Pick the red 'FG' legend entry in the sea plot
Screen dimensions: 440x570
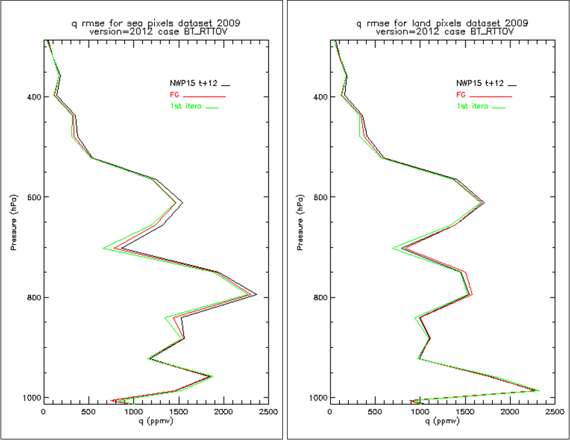tap(172, 95)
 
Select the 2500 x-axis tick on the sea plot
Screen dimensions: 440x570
tap(269, 413)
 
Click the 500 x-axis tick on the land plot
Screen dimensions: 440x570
tap(374, 413)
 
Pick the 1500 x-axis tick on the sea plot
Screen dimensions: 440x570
tap(178, 413)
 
